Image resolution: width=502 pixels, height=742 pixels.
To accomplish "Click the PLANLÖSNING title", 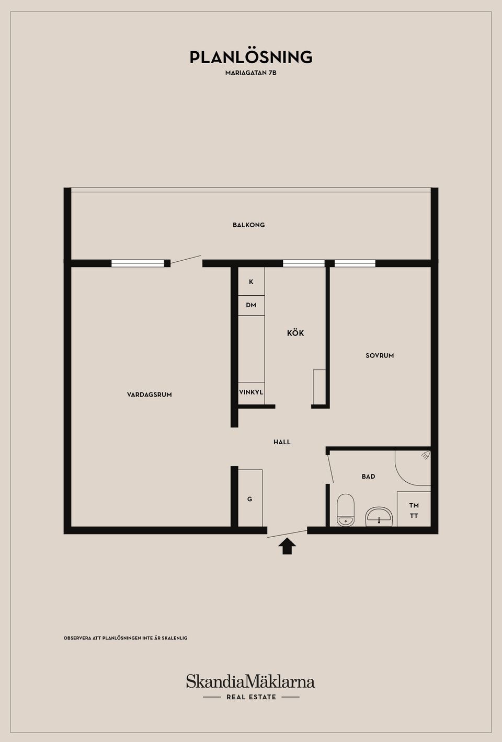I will click(x=251, y=57).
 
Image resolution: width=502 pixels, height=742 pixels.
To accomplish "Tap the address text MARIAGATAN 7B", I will click(x=250, y=73).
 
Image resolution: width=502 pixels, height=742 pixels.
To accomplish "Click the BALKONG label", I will click(x=249, y=225).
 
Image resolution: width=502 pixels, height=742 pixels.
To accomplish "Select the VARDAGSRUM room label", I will click(x=150, y=395).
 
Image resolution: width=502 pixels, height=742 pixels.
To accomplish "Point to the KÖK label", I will click(x=295, y=333).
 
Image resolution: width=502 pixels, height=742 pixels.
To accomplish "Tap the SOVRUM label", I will click(x=380, y=355).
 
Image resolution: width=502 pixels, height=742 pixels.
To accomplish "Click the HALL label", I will click(x=282, y=442).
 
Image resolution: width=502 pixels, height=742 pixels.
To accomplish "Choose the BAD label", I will click(x=369, y=477).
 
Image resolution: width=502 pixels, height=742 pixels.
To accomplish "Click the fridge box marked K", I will click(x=251, y=282).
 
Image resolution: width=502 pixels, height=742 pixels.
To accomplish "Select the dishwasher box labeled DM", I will click(x=251, y=305).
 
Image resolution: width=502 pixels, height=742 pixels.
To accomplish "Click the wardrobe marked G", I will click(x=250, y=498).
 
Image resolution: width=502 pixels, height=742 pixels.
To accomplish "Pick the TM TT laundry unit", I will click(x=414, y=509).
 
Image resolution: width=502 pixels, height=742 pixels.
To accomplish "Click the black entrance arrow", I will click(x=287, y=547).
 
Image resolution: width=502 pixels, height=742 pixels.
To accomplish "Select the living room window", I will click(x=138, y=263).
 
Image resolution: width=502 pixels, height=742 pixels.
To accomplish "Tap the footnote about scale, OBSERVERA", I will click(x=125, y=638).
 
